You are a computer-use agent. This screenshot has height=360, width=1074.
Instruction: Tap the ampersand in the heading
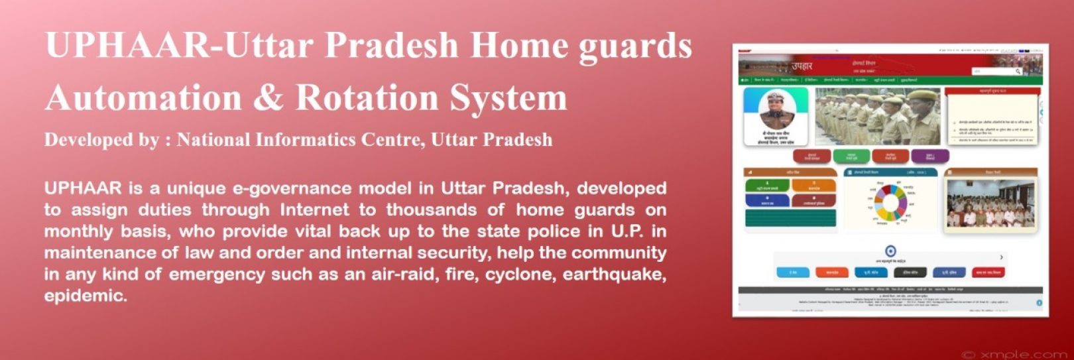[268, 97]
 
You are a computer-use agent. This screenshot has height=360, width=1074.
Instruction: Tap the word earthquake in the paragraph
[614, 274]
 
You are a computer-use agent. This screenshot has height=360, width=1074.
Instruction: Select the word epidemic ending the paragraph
[85, 296]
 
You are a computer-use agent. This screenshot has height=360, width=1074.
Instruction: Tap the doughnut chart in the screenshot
[890, 202]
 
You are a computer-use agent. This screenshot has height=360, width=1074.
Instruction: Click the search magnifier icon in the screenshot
[1018, 71]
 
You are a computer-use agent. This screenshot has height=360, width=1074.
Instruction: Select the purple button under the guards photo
[930, 156]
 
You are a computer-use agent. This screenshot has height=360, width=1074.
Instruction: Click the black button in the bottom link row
[910, 272]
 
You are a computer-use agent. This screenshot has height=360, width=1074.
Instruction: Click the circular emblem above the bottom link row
[890, 251]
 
